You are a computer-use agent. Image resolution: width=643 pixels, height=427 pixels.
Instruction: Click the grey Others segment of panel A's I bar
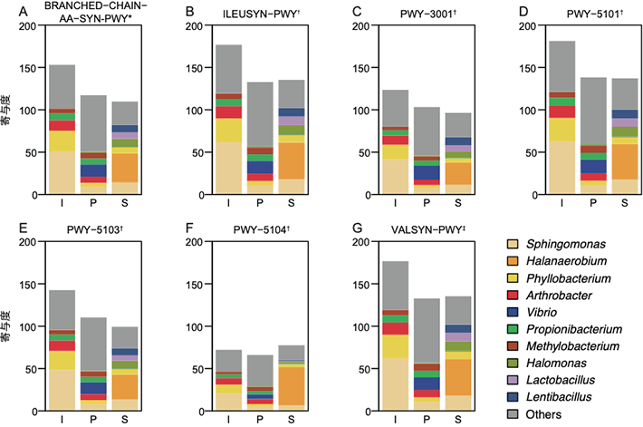(x=62, y=88)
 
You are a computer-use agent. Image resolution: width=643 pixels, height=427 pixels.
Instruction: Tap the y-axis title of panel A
(x=8, y=111)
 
